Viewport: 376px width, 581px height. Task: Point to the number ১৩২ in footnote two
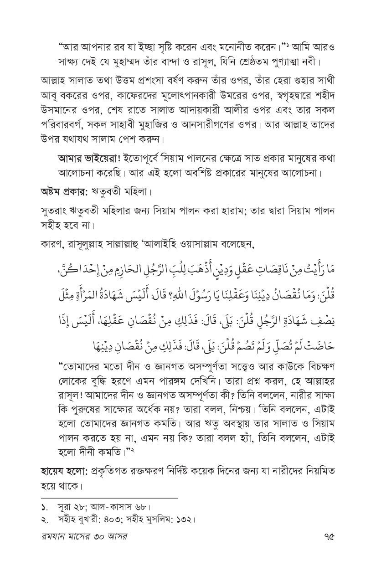click(183, 519)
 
